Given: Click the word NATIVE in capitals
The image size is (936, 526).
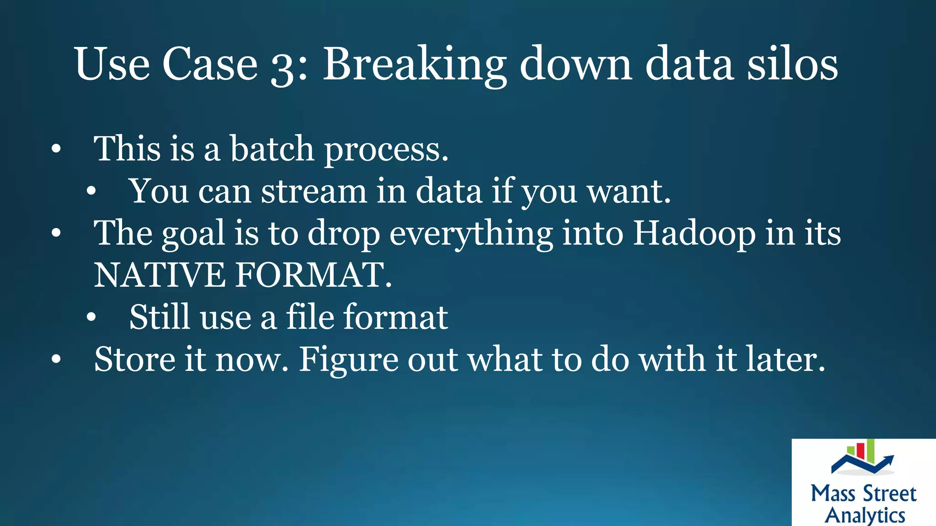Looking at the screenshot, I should point(160,275).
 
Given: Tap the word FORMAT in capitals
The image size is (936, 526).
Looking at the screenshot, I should point(313,275).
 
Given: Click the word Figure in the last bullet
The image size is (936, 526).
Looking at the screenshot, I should point(348,360).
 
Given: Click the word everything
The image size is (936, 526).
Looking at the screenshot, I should point(471,234).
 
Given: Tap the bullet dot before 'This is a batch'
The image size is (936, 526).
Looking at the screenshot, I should point(56,149).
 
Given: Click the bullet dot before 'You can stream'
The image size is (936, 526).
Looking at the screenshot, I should point(91,192).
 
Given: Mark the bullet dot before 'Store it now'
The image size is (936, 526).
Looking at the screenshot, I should point(56,360).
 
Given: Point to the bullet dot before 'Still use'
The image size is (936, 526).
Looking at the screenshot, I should point(91,318).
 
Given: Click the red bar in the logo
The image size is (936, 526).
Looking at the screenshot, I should point(860,450).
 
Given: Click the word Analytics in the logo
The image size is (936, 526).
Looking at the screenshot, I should point(865,515).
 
